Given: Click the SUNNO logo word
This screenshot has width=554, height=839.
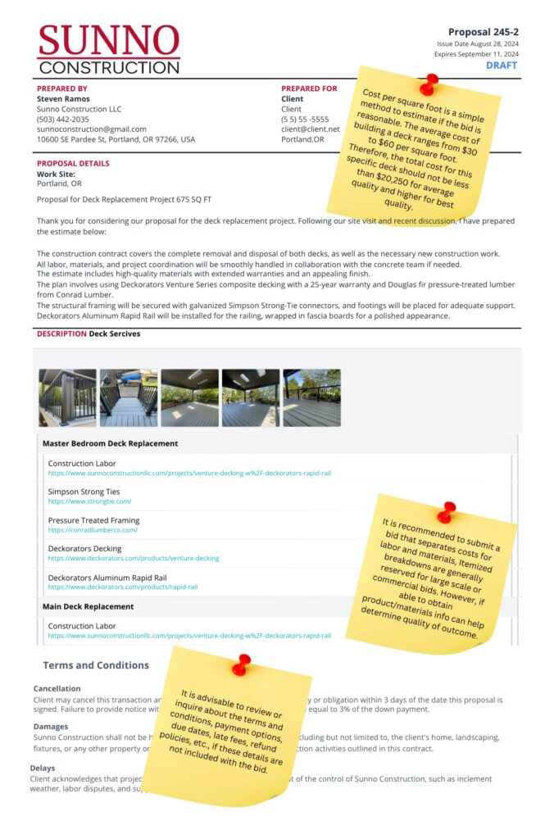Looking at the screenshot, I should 108,39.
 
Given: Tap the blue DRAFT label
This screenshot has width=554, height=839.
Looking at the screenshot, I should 502,65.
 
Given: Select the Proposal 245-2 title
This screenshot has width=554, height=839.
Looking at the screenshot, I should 483,32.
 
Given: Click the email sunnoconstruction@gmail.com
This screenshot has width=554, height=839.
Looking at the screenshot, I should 92,129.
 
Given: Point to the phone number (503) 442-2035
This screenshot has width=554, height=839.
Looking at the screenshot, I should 63,119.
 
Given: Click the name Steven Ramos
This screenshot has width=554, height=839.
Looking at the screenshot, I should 65,98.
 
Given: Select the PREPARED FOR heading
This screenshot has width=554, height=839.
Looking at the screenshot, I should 309,88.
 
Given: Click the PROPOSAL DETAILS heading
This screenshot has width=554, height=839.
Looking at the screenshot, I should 73,163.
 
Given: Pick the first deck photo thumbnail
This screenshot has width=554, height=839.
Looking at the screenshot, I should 67,397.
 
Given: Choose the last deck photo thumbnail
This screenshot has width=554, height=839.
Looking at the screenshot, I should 311,397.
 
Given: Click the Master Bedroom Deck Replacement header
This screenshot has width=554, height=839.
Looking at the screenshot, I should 111,443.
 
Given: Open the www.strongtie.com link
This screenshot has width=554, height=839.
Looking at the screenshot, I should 89,501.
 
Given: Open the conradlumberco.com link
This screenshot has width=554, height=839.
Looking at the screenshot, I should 93,530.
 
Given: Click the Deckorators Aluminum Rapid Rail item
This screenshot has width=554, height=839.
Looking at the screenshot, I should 107,578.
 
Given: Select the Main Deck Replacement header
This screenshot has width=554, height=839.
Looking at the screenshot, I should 88,606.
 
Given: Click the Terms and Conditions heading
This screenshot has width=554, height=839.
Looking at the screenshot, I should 96,665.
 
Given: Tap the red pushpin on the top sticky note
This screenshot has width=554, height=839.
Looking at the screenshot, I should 428,84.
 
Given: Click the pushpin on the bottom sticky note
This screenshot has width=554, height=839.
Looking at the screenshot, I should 241,664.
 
